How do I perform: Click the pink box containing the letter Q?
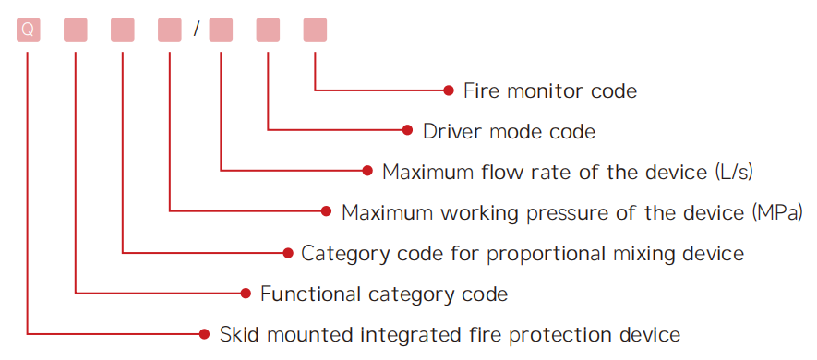click(x=28, y=30)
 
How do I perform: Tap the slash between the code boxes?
click(x=196, y=30)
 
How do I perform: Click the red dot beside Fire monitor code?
click(x=449, y=90)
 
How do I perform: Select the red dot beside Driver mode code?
click(x=407, y=130)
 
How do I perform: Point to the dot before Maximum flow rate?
click(x=367, y=171)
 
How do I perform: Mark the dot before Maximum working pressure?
click(x=326, y=211)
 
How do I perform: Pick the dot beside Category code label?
click(x=288, y=253)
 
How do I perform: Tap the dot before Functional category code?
click(x=246, y=294)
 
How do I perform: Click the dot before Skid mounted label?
click(x=204, y=333)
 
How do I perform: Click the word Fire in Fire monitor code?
click(x=478, y=90)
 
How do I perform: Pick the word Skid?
click(x=236, y=334)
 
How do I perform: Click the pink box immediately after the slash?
click(x=221, y=30)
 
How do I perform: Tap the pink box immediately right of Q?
click(x=76, y=30)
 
